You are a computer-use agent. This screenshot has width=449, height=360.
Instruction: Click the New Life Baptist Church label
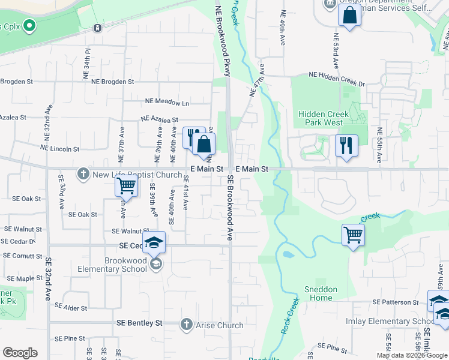point(137,175)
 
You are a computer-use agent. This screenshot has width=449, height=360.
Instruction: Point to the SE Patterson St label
point(396,302)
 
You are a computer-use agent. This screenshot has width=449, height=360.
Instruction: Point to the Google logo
point(20,353)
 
